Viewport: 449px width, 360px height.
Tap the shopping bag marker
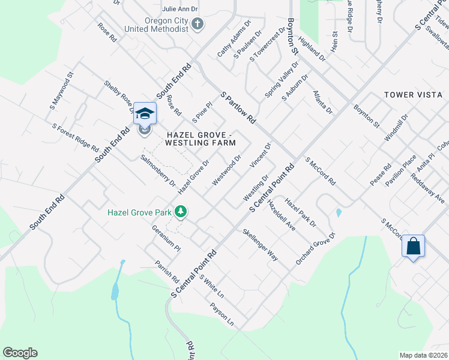tap(414, 246)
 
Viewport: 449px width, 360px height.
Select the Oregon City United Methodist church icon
tap(198, 24)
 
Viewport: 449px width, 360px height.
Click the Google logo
tap(20, 353)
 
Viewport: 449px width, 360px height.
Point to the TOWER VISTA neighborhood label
tap(414, 95)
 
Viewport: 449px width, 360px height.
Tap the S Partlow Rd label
tap(238, 109)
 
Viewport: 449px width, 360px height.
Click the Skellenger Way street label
tap(261, 245)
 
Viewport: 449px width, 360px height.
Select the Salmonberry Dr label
tap(157, 170)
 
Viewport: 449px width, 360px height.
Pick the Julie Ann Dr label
tap(180, 9)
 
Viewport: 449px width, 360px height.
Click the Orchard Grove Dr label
tap(315, 250)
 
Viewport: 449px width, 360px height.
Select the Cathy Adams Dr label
tap(232, 43)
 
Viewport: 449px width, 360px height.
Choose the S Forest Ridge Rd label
tap(75, 137)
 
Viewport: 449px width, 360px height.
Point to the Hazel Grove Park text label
tap(140, 212)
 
